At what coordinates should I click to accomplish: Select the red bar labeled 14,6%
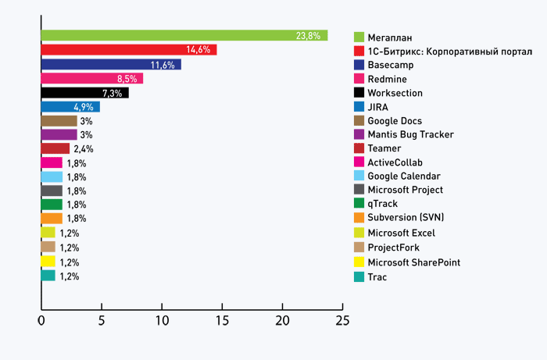click(x=129, y=50)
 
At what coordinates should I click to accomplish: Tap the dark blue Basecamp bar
click(x=111, y=65)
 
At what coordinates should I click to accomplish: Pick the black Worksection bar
click(x=84, y=93)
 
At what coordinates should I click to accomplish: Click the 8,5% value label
click(x=127, y=79)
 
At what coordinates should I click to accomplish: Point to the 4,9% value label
click(x=84, y=107)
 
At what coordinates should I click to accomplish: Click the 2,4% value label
click(x=84, y=149)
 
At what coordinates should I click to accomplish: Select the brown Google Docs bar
click(x=59, y=121)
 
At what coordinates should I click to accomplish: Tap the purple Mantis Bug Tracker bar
click(x=59, y=134)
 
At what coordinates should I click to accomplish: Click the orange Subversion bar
click(x=52, y=219)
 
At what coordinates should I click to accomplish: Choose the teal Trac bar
click(x=48, y=276)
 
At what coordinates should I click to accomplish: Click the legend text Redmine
click(x=388, y=79)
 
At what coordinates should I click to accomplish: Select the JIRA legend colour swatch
click(x=359, y=107)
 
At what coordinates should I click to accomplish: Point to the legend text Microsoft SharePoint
click(x=414, y=262)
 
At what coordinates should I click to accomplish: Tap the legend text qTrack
click(x=383, y=204)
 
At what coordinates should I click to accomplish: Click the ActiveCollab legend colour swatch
click(x=359, y=162)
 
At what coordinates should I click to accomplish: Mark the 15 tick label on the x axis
click(x=222, y=321)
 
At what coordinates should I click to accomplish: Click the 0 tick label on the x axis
click(x=41, y=321)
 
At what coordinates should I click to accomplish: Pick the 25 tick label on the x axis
click(x=342, y=321)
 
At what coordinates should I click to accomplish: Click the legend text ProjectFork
click(x=394, y=248)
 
